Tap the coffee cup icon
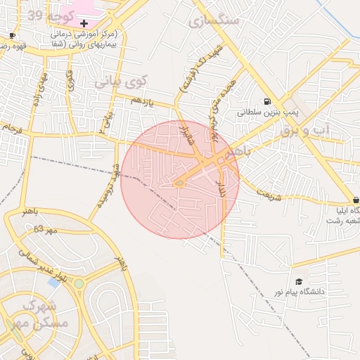tap(12, 35)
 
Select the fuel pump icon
tap(267, 101)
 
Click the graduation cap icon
tap(299, 282)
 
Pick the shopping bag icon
tap(356, 200)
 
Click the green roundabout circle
tap(79, 283)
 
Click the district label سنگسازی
tap(214, 20)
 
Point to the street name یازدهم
tap(142, 102)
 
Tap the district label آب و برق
tap(304, 130)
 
